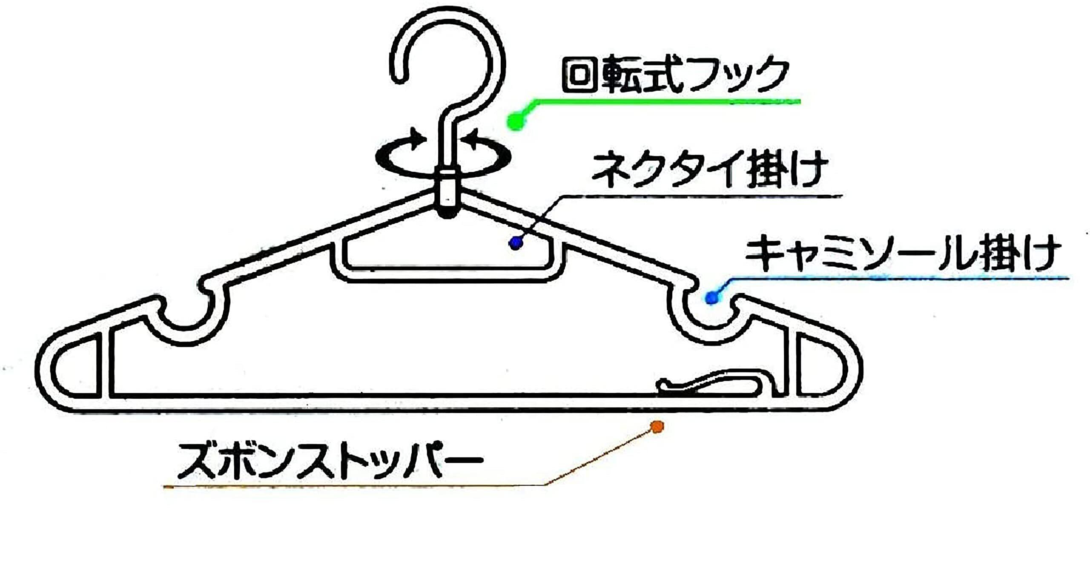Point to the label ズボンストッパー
330,461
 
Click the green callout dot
516,121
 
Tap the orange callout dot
657,427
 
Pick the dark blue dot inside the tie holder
516,243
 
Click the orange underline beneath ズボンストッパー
353,485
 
